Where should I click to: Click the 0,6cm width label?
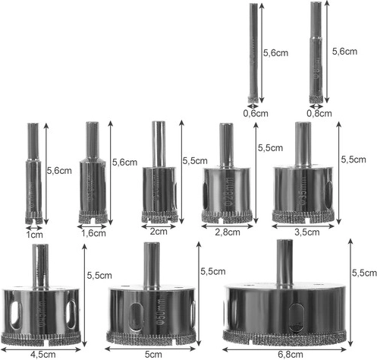pos(256,113)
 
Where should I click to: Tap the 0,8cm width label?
pos(319,113)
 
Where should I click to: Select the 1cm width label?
pos(35,235)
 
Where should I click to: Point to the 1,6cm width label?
pos(93,233)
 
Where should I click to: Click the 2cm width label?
pos(159,232)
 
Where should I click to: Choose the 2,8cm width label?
pos(228,232)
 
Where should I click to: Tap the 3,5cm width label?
pos(307,232)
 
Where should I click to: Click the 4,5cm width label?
pos(43,355)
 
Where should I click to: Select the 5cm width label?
pos(154,354)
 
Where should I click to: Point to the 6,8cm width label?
pos(290,355)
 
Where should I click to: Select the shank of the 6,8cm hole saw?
pos(284,264)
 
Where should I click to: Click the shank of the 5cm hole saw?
pos(152,266)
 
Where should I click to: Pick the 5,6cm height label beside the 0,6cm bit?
pos(275,53)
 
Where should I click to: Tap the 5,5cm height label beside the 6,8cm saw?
pos(364,273)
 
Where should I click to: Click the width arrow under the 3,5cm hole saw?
pos(303,226)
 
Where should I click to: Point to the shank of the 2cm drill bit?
pos(159,144)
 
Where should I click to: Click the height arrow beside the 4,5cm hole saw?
pos(85,295)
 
